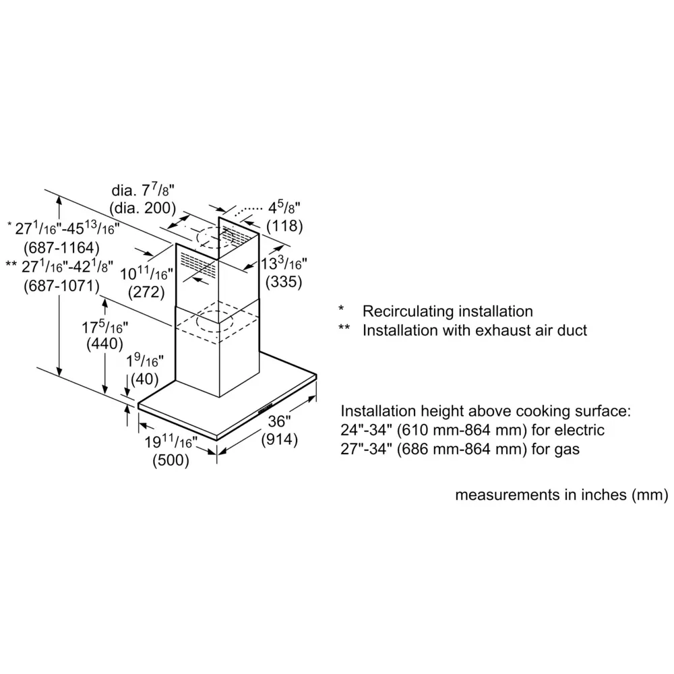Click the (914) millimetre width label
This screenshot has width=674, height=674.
point(280,439)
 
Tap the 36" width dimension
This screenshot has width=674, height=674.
point(280,421)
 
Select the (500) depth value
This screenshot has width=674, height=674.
point(171,460)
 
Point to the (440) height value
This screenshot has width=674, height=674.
point(105,344)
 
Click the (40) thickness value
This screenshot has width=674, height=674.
point(145,379)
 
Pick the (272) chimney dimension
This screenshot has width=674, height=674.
point(146,293)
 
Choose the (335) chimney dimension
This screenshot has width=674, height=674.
point(284,282)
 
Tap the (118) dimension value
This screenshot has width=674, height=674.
point(284,226)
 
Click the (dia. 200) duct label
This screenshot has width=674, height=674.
point(143,208)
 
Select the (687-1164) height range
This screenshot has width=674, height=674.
point(61,248)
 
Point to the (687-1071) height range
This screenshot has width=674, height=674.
point(61,286)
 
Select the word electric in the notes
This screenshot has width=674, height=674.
point(582,430)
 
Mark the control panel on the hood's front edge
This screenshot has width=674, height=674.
point(266,408)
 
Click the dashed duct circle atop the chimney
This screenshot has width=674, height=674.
point(214,237)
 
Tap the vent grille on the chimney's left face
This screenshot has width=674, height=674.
point(198,264)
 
